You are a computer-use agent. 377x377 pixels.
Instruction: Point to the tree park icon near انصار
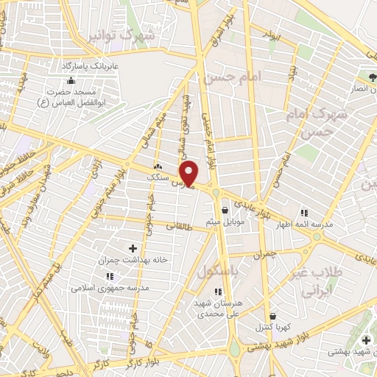point(373,77)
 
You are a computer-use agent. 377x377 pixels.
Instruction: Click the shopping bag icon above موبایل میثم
point(224,210)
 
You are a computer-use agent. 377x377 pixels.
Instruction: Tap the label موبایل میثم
point(224,221)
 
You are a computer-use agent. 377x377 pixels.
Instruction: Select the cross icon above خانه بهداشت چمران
point(133,248)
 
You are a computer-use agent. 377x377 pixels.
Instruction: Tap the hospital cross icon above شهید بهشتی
point(367,339)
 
